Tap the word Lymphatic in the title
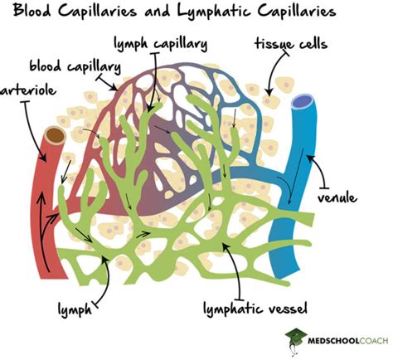[233, 12]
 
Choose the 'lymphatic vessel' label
[256, 310]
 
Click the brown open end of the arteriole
[56, 135]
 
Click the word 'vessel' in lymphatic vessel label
[288, 310]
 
